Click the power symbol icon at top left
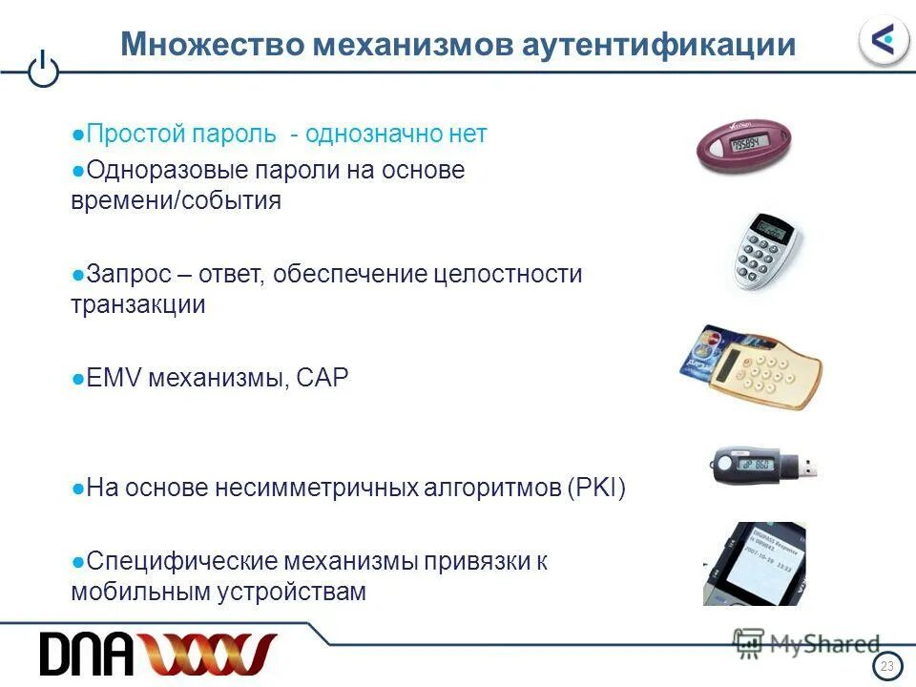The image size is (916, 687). (x=44, y=71)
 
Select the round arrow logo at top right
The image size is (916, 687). (x=884, y=40)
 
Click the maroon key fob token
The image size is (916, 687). (x=740, y=147)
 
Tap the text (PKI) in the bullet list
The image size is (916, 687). (x=595, y=489)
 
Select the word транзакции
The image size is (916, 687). (x=138, y=304)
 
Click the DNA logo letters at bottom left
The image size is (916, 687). (x=82, y=654)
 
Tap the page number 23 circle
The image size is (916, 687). (x=887, y=666)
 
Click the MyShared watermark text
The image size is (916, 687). (x=824, y=643)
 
